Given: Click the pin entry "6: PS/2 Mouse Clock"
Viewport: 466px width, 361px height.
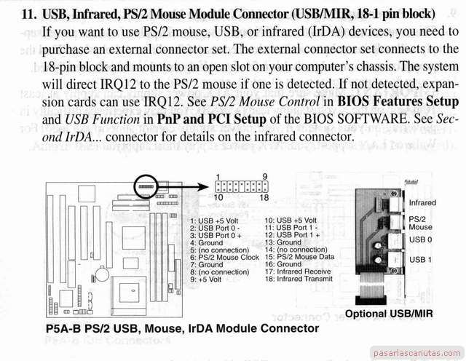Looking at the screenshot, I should click(224, 258).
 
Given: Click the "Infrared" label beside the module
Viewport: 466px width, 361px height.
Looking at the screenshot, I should click(422, 203).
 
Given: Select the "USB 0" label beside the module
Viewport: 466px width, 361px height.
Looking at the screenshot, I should click(420, 239).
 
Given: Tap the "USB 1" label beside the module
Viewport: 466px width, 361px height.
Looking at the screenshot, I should click(420, 259).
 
